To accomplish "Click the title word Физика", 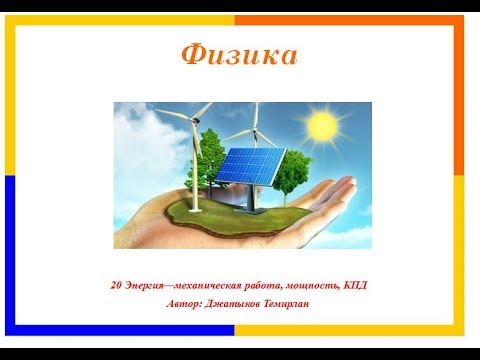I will click(x=239, y=55).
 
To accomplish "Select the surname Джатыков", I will click(x=236, y=303).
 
